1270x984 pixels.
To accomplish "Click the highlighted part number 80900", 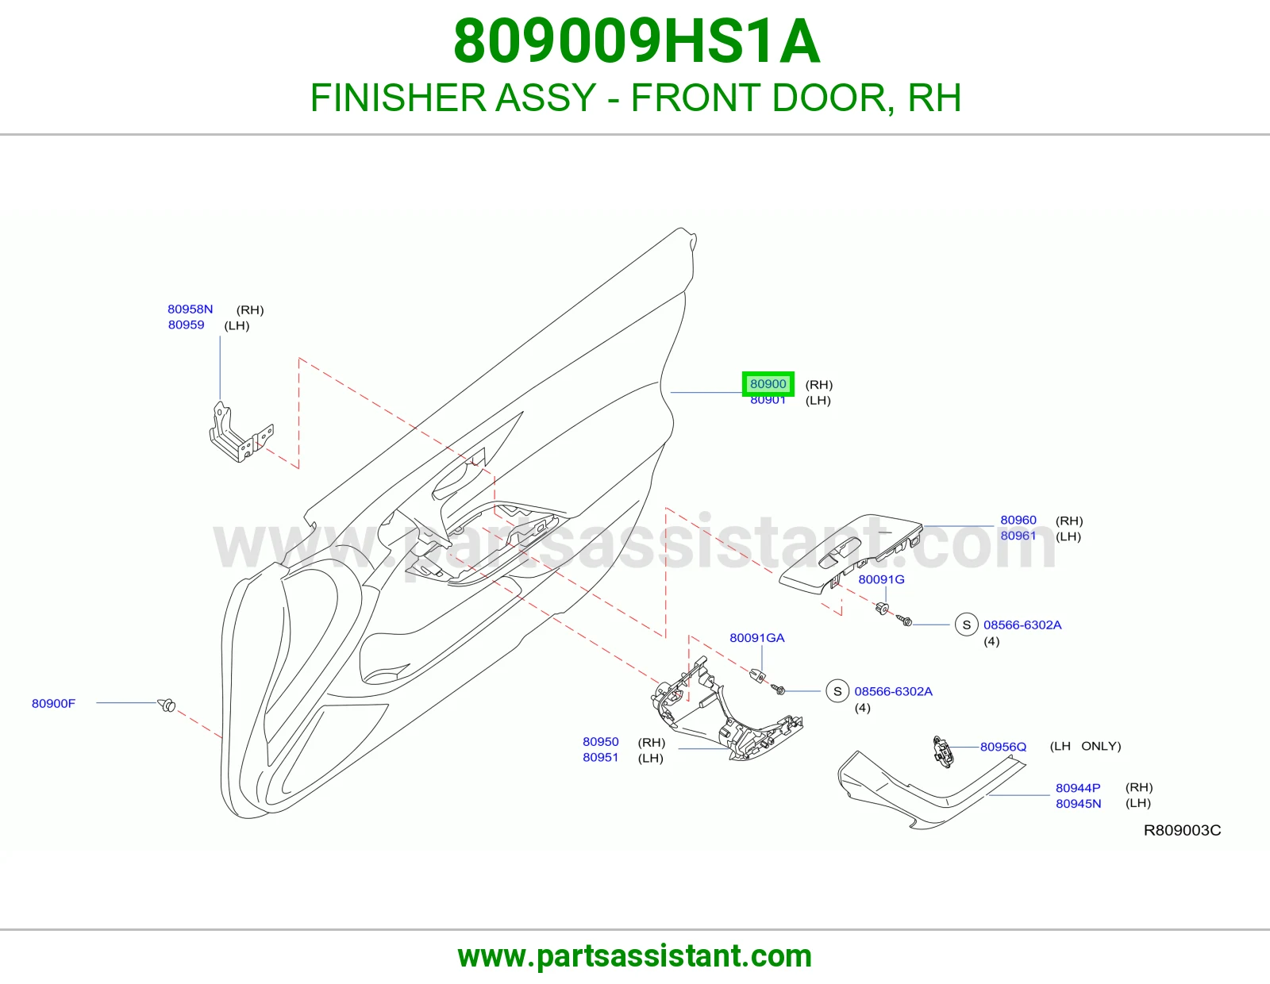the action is pyautogui.click(x=768, y=384).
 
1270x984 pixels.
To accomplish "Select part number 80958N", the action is pyautogui.click(x=190, y=309).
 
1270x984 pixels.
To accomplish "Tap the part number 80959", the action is pyautogui.click(x=186, y=325).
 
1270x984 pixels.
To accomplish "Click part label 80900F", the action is pyautogui.click(x=53, y=704).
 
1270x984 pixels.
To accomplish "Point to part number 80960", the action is pyautogui.click(x=1018, y=520).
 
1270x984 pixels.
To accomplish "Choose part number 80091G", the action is pyautogui.click(x=881, y=579).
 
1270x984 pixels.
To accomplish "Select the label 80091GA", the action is pyautogui.click(x=757, y=637).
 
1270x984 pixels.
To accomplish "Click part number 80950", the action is pyautogui.click(x=600, y=741).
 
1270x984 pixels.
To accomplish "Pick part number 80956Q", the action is pyautogui.click(x=1003, y=747).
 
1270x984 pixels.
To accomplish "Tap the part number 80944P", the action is pyautogui.click(x=1078, y=788).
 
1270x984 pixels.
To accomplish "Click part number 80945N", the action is pyautogui.click(x=1078, y=803).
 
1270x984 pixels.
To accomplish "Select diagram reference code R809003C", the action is pyautogui.click(x=1183, y=830).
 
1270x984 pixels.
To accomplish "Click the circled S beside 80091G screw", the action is pyautogui.click(x=967, y=625).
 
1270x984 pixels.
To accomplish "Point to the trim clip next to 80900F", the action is pyautogui.click(x=167, y=705).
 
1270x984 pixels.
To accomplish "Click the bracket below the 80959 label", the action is pyautogui.click(x=241, y=432).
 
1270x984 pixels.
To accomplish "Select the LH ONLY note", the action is pyautogui.click(x=1085, y=746).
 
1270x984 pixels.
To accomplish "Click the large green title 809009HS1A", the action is pyautogui.click(x=637, y=41).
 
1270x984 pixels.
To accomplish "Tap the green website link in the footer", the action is pyautogui.click(x=635, y=956).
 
